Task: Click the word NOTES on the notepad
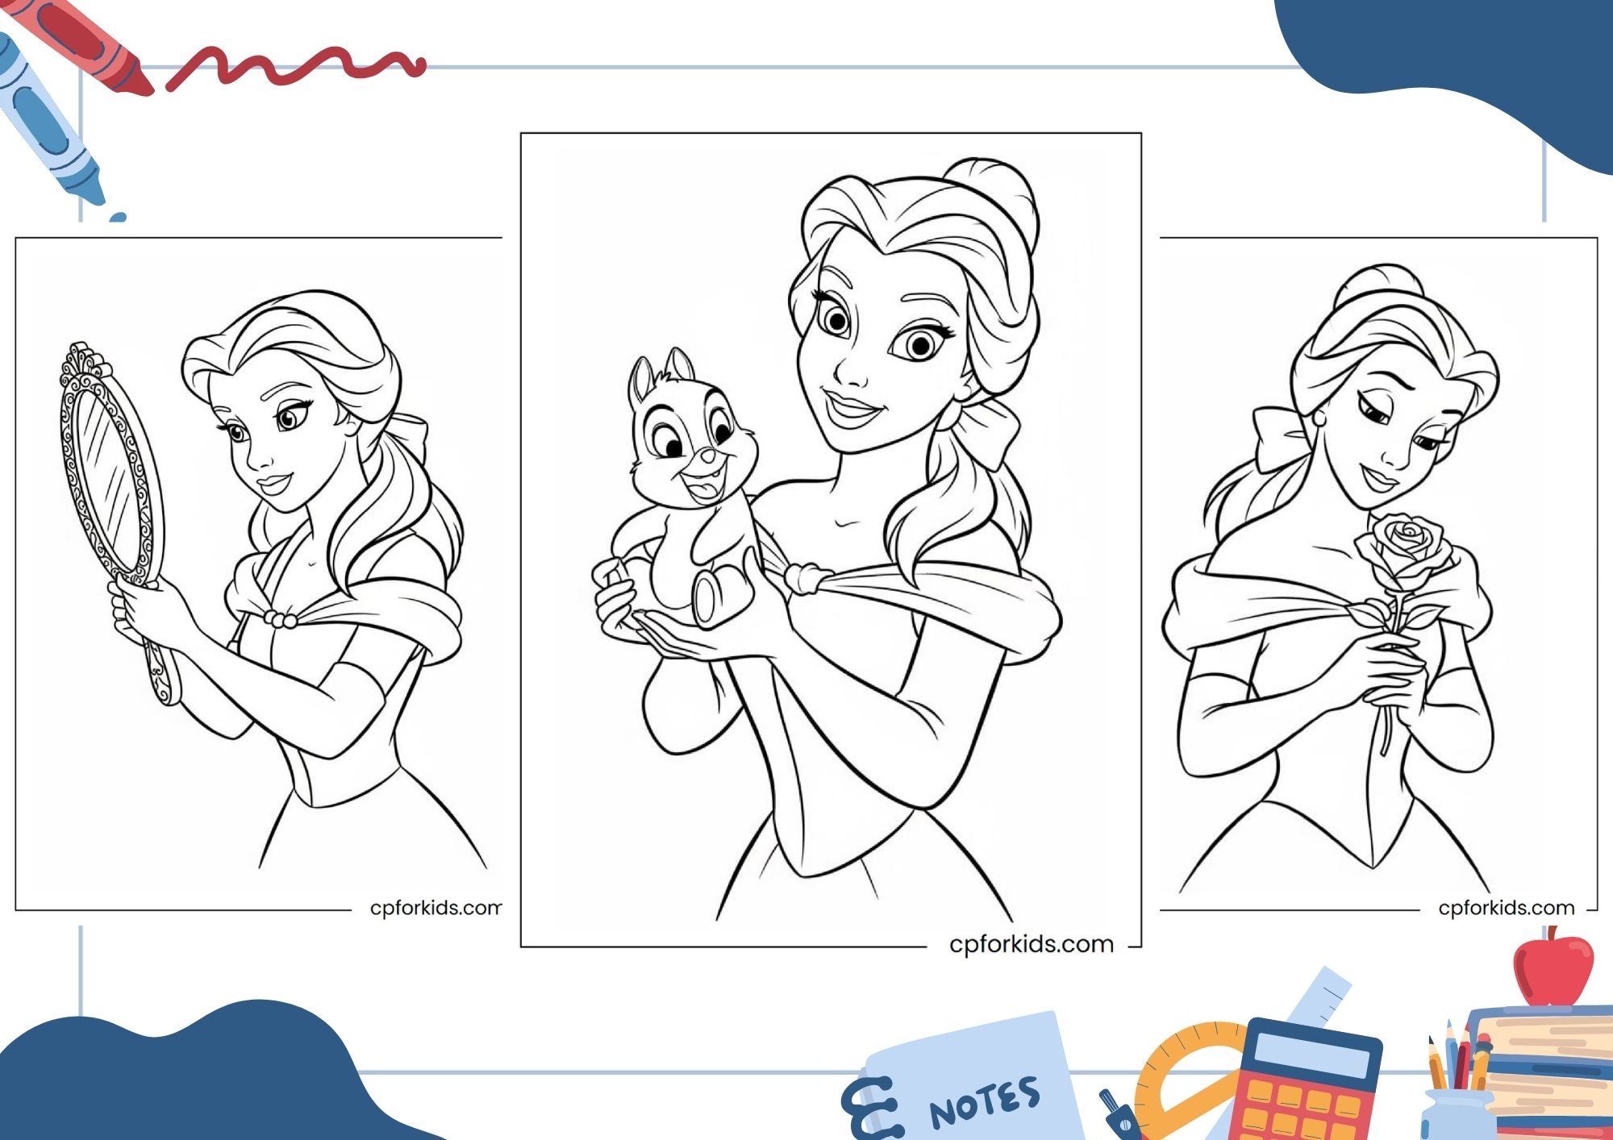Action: click(x=985, y=1103)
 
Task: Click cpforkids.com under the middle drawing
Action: click(x=1032, y=944)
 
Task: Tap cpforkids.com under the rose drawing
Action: click(x=1506, y=908)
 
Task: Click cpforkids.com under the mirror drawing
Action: click(x=436, y=908)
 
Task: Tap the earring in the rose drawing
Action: click(x=1320, y=418)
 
